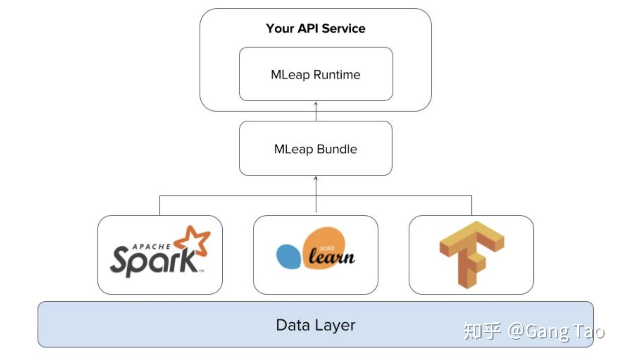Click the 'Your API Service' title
315,29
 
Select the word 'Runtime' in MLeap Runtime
337,74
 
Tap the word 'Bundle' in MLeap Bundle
337,149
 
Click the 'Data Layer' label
315,325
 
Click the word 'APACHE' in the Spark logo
151,247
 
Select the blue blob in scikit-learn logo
289,256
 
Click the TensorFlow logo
471,254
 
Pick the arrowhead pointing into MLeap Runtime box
316,104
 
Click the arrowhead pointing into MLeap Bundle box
316,178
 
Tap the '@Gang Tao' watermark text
556,331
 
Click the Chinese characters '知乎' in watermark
482,331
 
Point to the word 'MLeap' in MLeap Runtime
290,75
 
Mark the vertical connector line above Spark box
160,206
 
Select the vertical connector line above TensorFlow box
471,206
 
